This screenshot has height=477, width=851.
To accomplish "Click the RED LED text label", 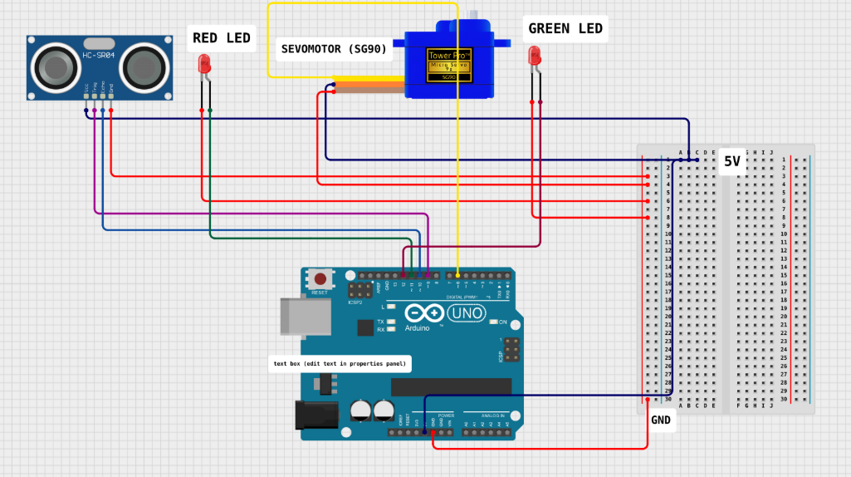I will (222, 37).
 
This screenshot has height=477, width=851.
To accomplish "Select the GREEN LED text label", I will (565, 28).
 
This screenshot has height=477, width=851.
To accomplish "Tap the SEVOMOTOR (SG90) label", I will (334, 49).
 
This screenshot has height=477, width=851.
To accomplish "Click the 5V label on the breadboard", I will (731, 162).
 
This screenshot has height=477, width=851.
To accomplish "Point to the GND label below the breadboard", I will (661, 420).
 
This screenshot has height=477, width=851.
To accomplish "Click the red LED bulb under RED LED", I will (204, 63).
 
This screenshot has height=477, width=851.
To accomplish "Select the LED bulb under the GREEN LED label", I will (534, 56).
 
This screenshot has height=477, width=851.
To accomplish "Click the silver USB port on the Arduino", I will (301, 315).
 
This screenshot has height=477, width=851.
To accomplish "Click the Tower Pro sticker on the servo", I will (449, 65).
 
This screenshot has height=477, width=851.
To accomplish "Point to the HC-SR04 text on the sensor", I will (99, 56).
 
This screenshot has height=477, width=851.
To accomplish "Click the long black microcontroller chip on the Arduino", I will (451, 386).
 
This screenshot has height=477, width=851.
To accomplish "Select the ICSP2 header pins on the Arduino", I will (360, 291).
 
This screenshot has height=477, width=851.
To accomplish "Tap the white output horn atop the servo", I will (477, 16).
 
